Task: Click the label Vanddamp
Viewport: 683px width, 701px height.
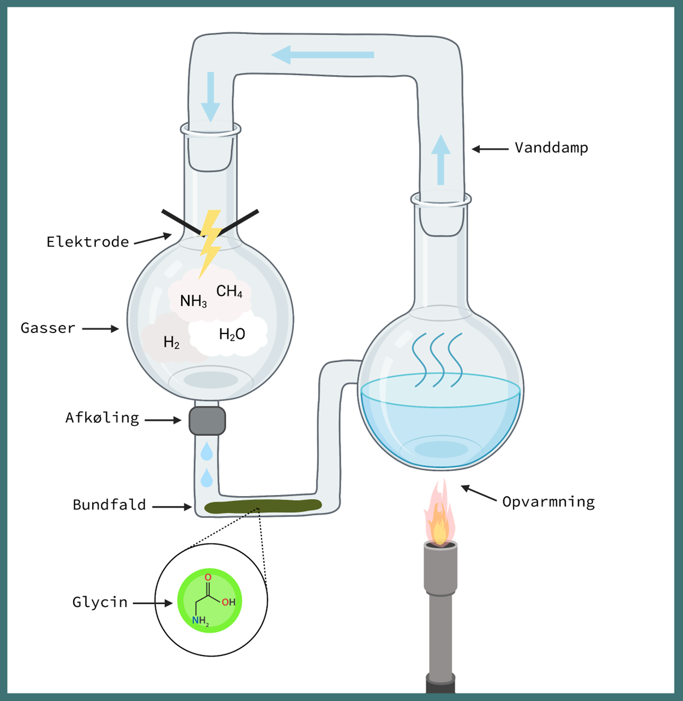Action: point(551,148)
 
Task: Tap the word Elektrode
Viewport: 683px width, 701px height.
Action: point(88,242)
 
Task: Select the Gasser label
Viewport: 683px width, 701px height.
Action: point(48,328)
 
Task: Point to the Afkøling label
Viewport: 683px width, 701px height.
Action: point(102,418)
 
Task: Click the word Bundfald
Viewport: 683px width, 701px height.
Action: point(109,505)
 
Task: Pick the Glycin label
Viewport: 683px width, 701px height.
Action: point(100,602)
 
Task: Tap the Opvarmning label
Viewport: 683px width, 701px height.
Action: point(548,502)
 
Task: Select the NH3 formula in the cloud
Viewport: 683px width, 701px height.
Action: point(194,301)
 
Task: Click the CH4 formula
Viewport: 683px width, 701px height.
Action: point(229,292)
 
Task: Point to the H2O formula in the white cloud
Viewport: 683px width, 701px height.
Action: point(232,334)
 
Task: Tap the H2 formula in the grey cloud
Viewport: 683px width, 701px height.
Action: point(171,342)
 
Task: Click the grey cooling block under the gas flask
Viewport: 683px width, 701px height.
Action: point(207,421)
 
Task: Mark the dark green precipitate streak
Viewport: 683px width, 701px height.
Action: point(263,506)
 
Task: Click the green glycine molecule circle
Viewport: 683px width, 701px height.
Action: point(210,601)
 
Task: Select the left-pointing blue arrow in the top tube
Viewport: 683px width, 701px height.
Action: point(322,55)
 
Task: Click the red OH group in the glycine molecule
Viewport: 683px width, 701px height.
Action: point(228,602)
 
